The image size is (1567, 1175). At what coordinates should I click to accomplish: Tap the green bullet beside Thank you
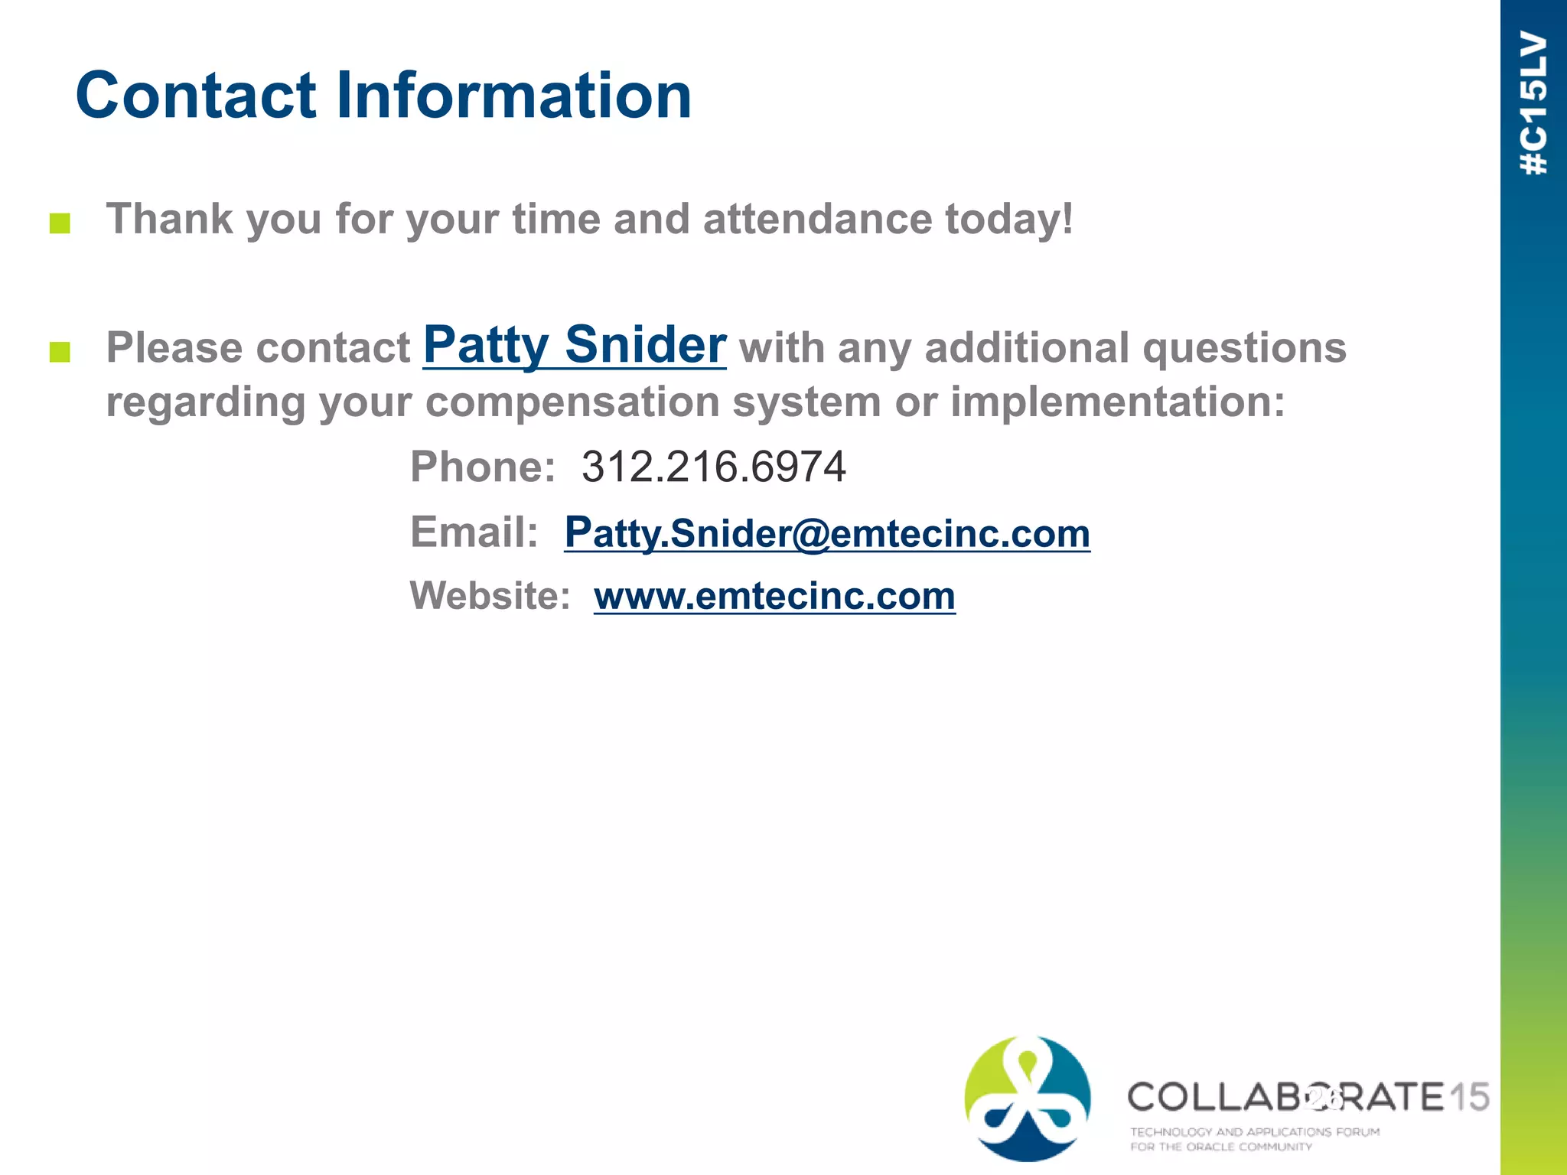[60, 223]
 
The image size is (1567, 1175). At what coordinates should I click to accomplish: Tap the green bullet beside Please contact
[60, 352]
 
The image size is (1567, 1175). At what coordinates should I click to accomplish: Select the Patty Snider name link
[574, 345]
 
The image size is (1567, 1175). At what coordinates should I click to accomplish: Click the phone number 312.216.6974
[713, 467]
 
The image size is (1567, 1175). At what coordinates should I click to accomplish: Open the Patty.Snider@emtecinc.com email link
[826, 533]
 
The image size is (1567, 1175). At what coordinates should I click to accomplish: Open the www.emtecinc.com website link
[774, 596]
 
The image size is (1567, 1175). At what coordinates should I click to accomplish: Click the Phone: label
[483, 467]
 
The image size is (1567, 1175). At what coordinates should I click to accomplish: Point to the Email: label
[474, 532]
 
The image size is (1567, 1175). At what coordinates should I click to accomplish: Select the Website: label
[490, 595]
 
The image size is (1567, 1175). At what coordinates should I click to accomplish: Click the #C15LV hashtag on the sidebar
[1534, 103]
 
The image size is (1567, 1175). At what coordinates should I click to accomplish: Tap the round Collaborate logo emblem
[1027, 1099]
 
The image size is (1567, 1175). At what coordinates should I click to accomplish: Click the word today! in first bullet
[1008, 220]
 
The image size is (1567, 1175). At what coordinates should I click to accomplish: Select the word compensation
[572, 402]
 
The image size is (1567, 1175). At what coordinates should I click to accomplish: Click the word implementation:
[1117, 402]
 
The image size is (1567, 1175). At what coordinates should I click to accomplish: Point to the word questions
[1244, 348]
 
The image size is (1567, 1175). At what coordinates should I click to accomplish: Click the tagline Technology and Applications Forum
[1255, 1131]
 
